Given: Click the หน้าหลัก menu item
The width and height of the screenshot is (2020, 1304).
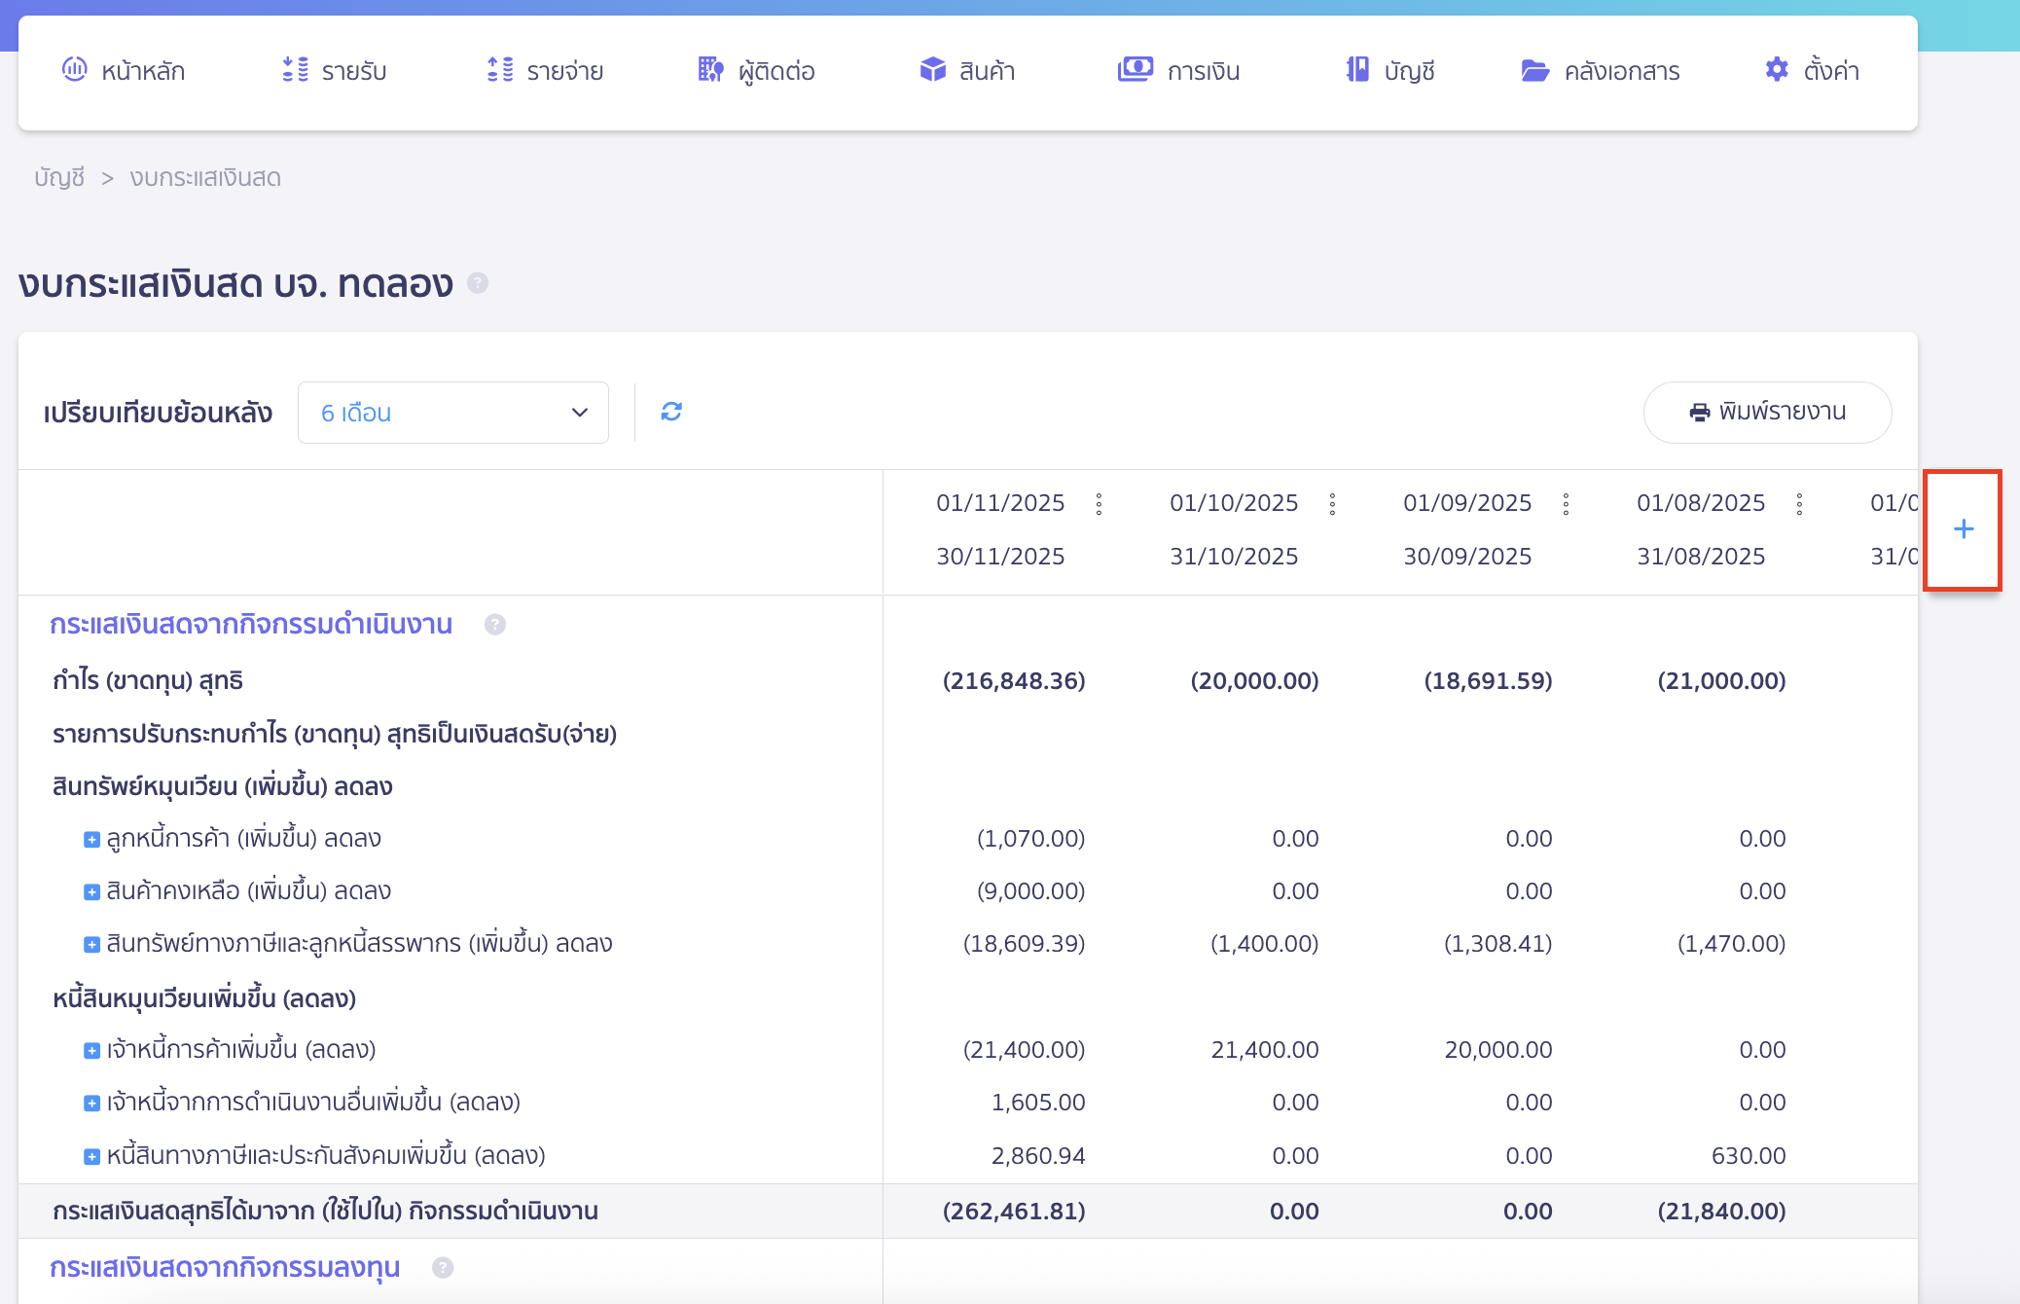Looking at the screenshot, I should [125, 71].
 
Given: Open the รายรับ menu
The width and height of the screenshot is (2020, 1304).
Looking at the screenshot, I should [335, 71].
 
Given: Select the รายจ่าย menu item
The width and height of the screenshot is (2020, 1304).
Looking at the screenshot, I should [545, 71].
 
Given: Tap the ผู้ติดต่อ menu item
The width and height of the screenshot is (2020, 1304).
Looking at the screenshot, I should [757, 71].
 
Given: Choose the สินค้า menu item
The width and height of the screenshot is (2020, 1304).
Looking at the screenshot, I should [967, 71].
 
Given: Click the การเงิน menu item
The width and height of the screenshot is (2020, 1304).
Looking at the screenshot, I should [1179, 71].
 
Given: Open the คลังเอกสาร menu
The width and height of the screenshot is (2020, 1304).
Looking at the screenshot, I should [1601, 71].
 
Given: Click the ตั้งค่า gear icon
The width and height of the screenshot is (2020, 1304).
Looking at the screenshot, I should [1777, 70].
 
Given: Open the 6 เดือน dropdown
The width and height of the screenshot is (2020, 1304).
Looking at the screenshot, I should [453, 413].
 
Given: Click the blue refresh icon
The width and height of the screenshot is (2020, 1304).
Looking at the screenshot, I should [671, 412].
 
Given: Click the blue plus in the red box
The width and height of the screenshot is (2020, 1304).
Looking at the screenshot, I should [1964, 529].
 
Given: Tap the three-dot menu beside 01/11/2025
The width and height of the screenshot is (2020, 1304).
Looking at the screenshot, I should [1099, 504].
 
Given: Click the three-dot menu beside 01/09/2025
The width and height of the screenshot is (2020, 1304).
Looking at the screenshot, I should [1566, 504].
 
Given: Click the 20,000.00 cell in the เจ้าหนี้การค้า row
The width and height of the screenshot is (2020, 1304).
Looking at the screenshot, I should [1497, 1050].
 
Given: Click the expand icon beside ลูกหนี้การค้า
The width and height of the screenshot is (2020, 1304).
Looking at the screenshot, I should [91, 840].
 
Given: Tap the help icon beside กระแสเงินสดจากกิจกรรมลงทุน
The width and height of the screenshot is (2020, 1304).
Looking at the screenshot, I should [443, 1268].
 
